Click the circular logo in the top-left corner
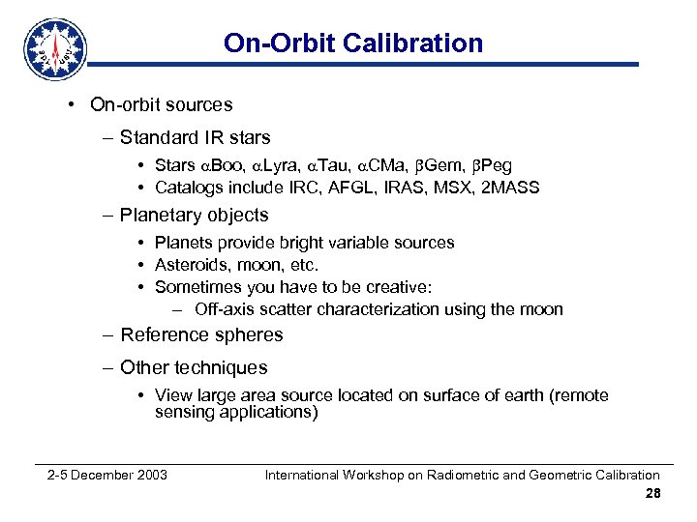point(56,49)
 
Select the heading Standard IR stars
point(195,137)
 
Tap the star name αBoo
point(222,164)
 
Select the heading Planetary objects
point(194,215)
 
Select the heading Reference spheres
point(201,335)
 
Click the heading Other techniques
point(194,367)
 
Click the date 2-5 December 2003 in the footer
point(107,475)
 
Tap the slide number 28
point(652,493)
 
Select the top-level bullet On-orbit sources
point(161,104)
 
